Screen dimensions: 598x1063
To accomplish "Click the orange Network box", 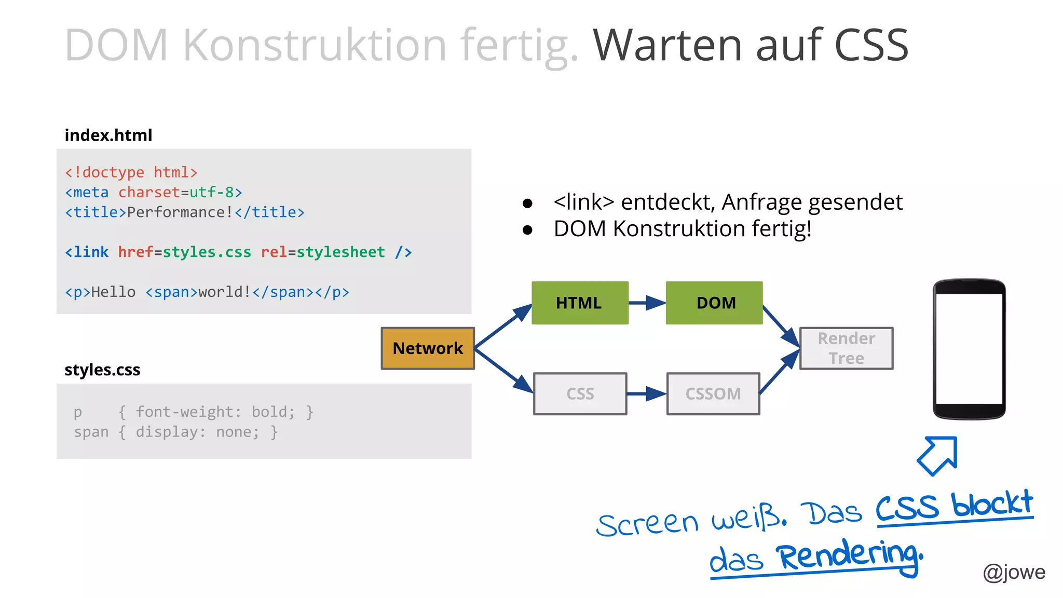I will [428, 348].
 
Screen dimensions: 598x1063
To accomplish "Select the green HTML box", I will [579, 303].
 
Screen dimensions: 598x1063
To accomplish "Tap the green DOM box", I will [714, 303].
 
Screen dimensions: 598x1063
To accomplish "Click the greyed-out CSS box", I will [580, 394].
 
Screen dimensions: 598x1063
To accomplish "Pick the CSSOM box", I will [713, 394].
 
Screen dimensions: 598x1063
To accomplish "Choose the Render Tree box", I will [846, 348].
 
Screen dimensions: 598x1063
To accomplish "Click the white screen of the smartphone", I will [969, 349].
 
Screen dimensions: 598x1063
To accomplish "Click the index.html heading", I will [108, 135].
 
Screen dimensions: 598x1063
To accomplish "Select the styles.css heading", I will [102, 370].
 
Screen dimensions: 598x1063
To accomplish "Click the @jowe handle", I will [1014, 572].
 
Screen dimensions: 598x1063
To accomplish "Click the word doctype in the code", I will [113, 172].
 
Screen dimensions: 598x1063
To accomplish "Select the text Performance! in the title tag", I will [180, 212].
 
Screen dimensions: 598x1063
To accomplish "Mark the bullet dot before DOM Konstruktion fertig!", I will [528, 230].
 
